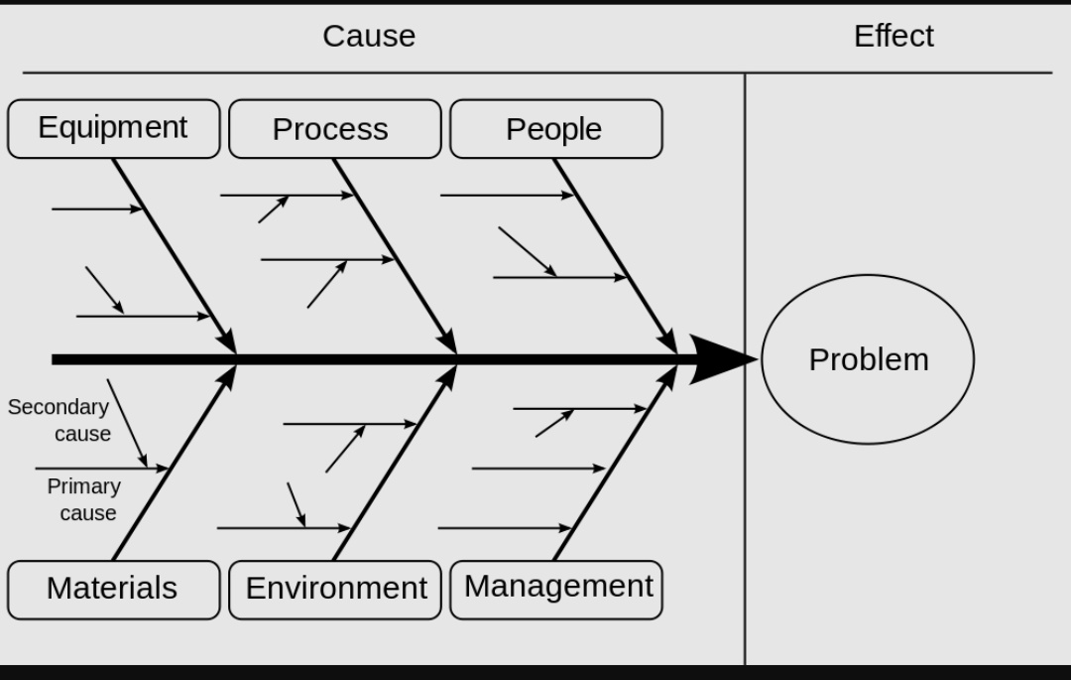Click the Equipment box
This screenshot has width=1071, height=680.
point(113,128)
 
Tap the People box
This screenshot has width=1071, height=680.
point(555,129)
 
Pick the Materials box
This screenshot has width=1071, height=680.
point(113,589)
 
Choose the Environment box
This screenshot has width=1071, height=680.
point(335,589)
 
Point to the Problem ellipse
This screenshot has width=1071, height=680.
point(868,359)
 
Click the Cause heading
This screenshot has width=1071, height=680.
point(369,36)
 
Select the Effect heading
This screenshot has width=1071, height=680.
point(892,36)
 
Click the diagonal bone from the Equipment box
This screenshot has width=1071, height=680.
point(174,255)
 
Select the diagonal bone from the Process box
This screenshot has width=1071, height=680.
point(395,255)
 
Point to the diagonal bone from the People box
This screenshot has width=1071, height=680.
point(615,255)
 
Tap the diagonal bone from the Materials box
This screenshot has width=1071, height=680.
point(174,463)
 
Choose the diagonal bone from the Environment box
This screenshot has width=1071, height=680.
point(395,463)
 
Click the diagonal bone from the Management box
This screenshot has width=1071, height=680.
point(615,463)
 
